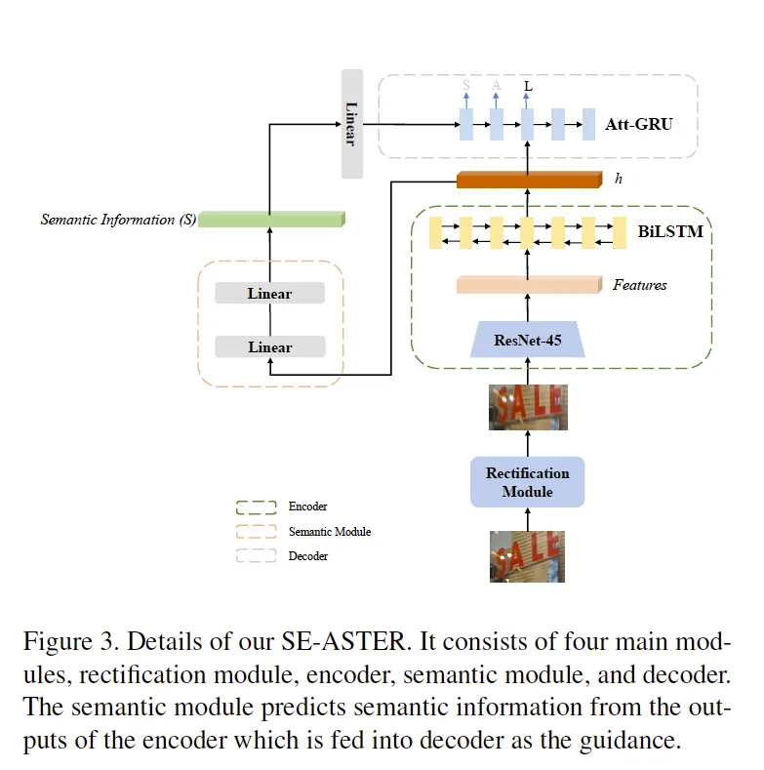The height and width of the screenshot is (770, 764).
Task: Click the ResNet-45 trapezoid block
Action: pos(527,340)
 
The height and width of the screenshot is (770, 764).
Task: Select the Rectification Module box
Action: pos(527,482)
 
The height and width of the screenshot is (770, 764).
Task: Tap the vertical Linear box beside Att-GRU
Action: pos(351,124)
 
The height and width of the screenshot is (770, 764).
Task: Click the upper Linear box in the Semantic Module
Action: pos(269,294)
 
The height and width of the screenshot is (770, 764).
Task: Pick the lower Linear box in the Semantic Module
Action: pos(269,347)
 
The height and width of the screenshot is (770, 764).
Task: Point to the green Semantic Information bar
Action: pos(272,220)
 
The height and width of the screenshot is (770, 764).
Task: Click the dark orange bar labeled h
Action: pos(528,180)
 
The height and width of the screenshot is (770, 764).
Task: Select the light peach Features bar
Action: pos(528,285)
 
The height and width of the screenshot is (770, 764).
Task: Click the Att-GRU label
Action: pos(638,124)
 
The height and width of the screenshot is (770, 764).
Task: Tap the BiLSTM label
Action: pos(670,232)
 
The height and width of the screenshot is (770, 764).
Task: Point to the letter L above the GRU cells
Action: pos(528,86)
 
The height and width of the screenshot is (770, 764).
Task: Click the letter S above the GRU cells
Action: pos(465,86)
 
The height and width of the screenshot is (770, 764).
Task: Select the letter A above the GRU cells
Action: pos(497,86)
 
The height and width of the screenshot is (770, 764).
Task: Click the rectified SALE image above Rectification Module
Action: pos(527,407)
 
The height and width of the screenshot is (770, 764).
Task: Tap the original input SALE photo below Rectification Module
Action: pos(527,556)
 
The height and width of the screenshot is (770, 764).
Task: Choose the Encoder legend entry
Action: pos(307,507)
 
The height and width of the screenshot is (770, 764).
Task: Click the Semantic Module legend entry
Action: pos(329,532)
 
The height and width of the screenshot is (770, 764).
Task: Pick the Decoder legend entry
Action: pos(307,556)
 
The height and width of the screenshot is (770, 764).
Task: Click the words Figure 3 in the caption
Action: pos(69,643)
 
